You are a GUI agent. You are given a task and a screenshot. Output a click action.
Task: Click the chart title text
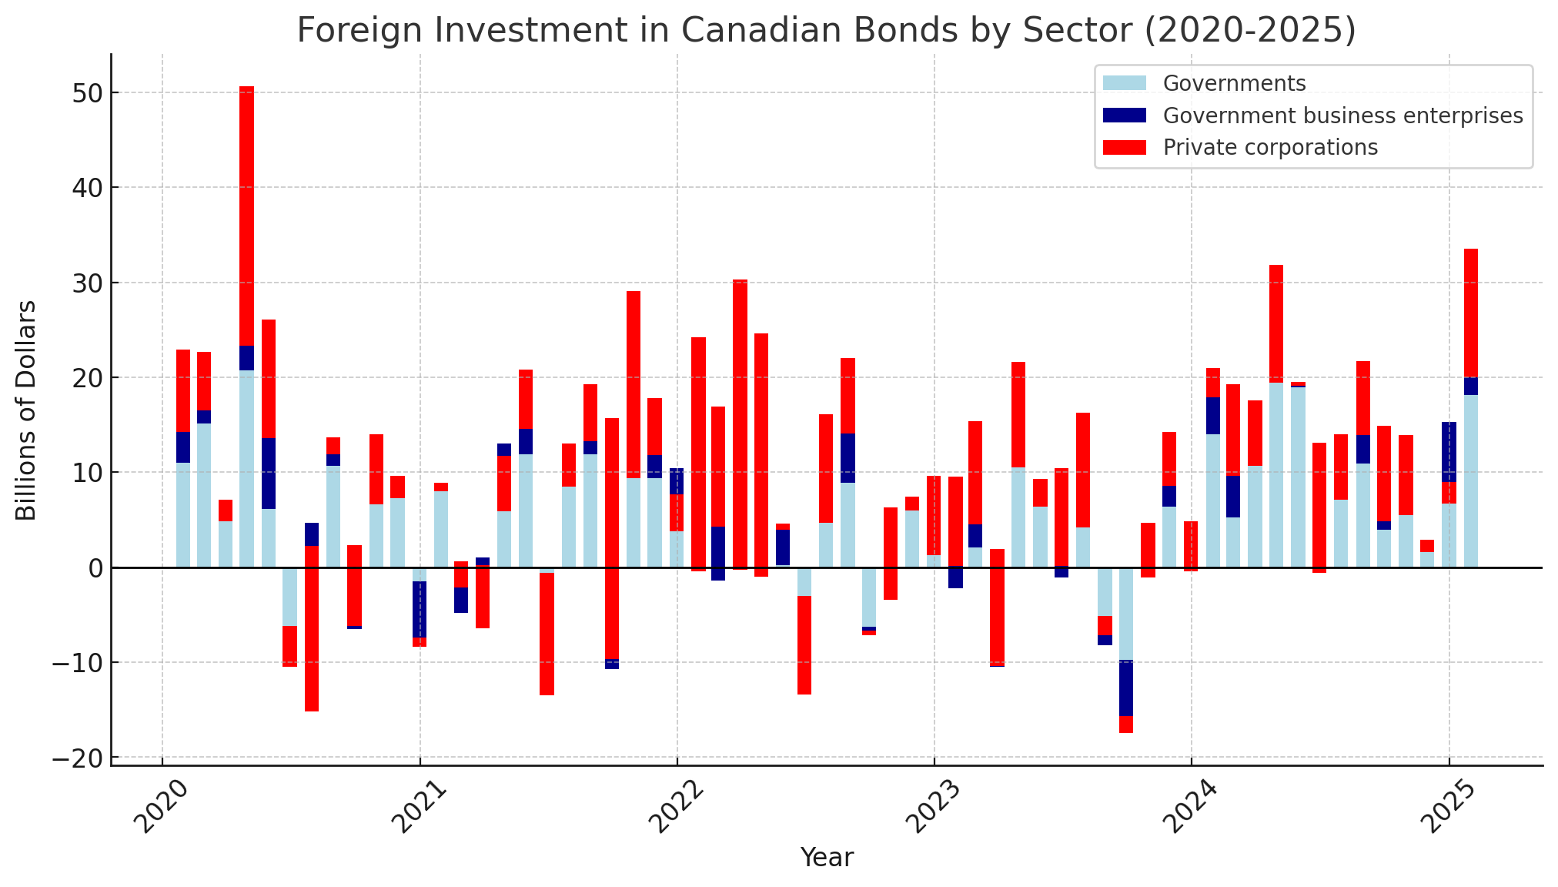click(826, 31)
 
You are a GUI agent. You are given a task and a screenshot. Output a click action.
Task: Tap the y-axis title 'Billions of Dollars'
click(26, 410)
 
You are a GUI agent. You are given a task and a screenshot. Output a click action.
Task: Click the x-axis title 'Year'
click(827, 858)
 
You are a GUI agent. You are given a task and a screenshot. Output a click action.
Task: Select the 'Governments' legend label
click(1234, 83)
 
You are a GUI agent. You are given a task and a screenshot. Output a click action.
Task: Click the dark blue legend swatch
click(1124, 115)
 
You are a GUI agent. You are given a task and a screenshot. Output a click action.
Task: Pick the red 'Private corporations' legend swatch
click(1124, 147)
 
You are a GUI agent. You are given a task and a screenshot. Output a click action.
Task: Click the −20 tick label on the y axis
click(72, 758)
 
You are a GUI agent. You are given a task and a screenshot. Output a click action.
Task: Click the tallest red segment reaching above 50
click(246, 216)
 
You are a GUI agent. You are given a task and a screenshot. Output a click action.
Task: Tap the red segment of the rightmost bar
click(1471, 313)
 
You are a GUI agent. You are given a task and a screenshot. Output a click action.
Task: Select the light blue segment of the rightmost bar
click(1471, 481)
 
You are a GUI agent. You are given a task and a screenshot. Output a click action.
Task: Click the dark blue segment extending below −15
click(1126, 688)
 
